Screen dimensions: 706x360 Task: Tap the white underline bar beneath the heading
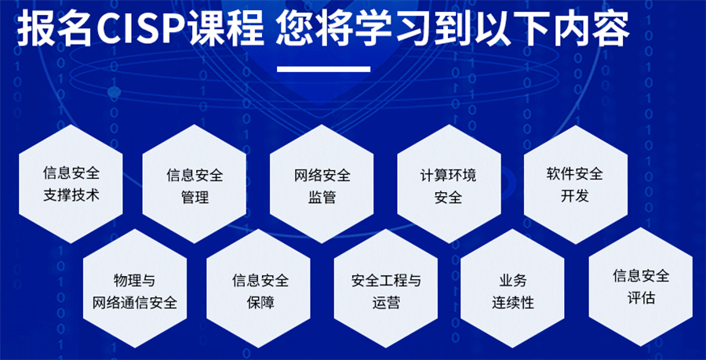(323, 69)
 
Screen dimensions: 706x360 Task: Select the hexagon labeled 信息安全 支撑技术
(71, 184)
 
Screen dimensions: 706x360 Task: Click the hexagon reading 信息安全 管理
(194, 184)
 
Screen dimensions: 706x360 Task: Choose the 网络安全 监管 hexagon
(322, 184)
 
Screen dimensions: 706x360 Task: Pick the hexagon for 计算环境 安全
(449, 184)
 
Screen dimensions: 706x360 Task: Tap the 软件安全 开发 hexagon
(576, 184)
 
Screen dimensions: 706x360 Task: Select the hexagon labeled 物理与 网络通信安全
(135, 289)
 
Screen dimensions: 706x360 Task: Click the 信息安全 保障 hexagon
(258, 289)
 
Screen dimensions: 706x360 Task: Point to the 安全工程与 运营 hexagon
(386, 289)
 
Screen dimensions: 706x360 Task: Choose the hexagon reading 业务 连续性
(513, 289)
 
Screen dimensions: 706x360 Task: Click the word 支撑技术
(71, 196)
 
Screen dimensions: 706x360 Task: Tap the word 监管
(322, 197)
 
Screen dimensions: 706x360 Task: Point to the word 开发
(575, 196)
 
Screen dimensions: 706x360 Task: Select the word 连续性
(513, 303)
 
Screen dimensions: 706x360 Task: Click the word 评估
(641, 298)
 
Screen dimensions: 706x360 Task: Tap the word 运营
(386, 303)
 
